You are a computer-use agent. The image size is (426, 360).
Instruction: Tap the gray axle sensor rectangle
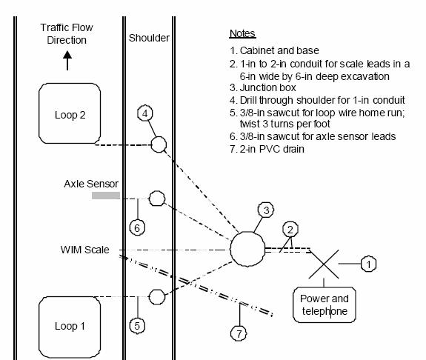(x=106, y=196)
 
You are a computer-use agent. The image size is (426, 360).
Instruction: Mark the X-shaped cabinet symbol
(x=324, y=264)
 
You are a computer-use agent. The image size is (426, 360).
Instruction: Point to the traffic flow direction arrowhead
(x=67, y=55)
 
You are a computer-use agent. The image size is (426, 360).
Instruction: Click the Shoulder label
(x=149, y=38)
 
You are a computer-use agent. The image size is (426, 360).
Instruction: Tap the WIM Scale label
(x=84, y=250)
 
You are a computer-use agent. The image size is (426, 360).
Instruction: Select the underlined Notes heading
(x=242, y=33)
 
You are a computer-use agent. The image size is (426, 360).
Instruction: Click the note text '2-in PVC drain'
(x=272, y=149)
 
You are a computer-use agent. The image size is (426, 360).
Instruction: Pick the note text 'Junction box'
(x=268, y=87)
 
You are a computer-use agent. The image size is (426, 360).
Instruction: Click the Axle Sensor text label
(x=91, y=184)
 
